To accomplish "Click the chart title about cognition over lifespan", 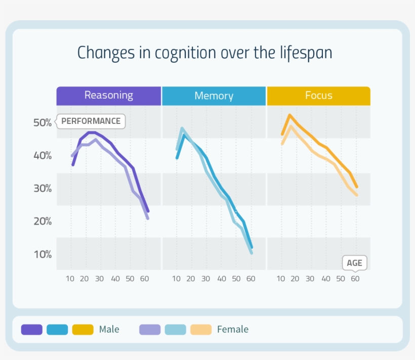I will pos(204,53).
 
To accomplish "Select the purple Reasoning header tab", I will pos(108,96).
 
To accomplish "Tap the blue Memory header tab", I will pos(214,96).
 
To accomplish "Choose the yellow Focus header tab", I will pos(318,96).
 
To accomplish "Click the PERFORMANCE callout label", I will pos(91,121).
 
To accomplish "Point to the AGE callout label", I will pos(354,263).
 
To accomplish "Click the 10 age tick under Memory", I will pos(176,279).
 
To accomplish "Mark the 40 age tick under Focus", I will pos(326,279).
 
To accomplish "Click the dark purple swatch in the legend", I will pos(31,330).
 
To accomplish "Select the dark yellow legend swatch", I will pos(83,330).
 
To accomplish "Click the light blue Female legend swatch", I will pos(175,330).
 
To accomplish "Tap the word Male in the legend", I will pos(109,330).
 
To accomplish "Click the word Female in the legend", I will pos(233,330).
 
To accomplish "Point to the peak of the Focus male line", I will pos(289,115).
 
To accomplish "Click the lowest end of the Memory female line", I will pos(252,252).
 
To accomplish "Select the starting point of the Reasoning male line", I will pos(73,164).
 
